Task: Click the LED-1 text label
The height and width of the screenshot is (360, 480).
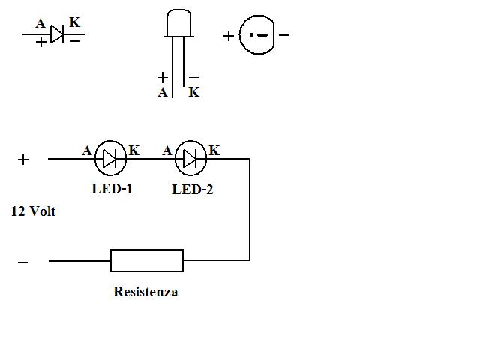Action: (x=112, y=188)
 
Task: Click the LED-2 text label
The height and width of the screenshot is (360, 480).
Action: (x=192, y=190)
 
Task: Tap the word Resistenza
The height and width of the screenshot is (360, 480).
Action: (x=145, y=292)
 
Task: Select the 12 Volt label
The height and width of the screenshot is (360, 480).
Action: (x=33, y=211)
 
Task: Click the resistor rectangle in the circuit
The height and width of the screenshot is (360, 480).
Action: (x=147, y=260)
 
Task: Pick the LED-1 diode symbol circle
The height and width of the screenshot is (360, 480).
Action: (x=110, y=158)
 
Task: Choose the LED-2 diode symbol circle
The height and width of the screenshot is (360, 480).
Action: (x=190, y=158)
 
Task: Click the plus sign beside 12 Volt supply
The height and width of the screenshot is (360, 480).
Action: (x=23, y=159)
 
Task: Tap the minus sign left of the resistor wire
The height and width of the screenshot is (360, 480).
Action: (x=22, y=262)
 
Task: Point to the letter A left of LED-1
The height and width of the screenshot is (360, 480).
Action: (x=87, y=151)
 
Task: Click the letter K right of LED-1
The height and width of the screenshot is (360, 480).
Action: (x=134, y=151)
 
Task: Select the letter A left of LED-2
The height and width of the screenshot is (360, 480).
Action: (x=167, y=151)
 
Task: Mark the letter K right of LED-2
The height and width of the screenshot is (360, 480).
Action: (x=214, y=151)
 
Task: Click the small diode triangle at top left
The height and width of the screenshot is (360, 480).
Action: (x=57, y=34)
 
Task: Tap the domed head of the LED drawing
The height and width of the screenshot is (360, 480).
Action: (x=179, y=23)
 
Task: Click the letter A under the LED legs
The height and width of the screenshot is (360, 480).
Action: (x=163, y=93)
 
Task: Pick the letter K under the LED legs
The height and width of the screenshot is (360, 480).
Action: (x=193, y=93)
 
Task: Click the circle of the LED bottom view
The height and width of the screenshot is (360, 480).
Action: (x=257, y=34)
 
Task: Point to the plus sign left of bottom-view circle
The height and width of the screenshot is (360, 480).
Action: (x=229, y=35)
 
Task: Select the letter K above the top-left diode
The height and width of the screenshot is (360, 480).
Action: (x=75, y=22)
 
